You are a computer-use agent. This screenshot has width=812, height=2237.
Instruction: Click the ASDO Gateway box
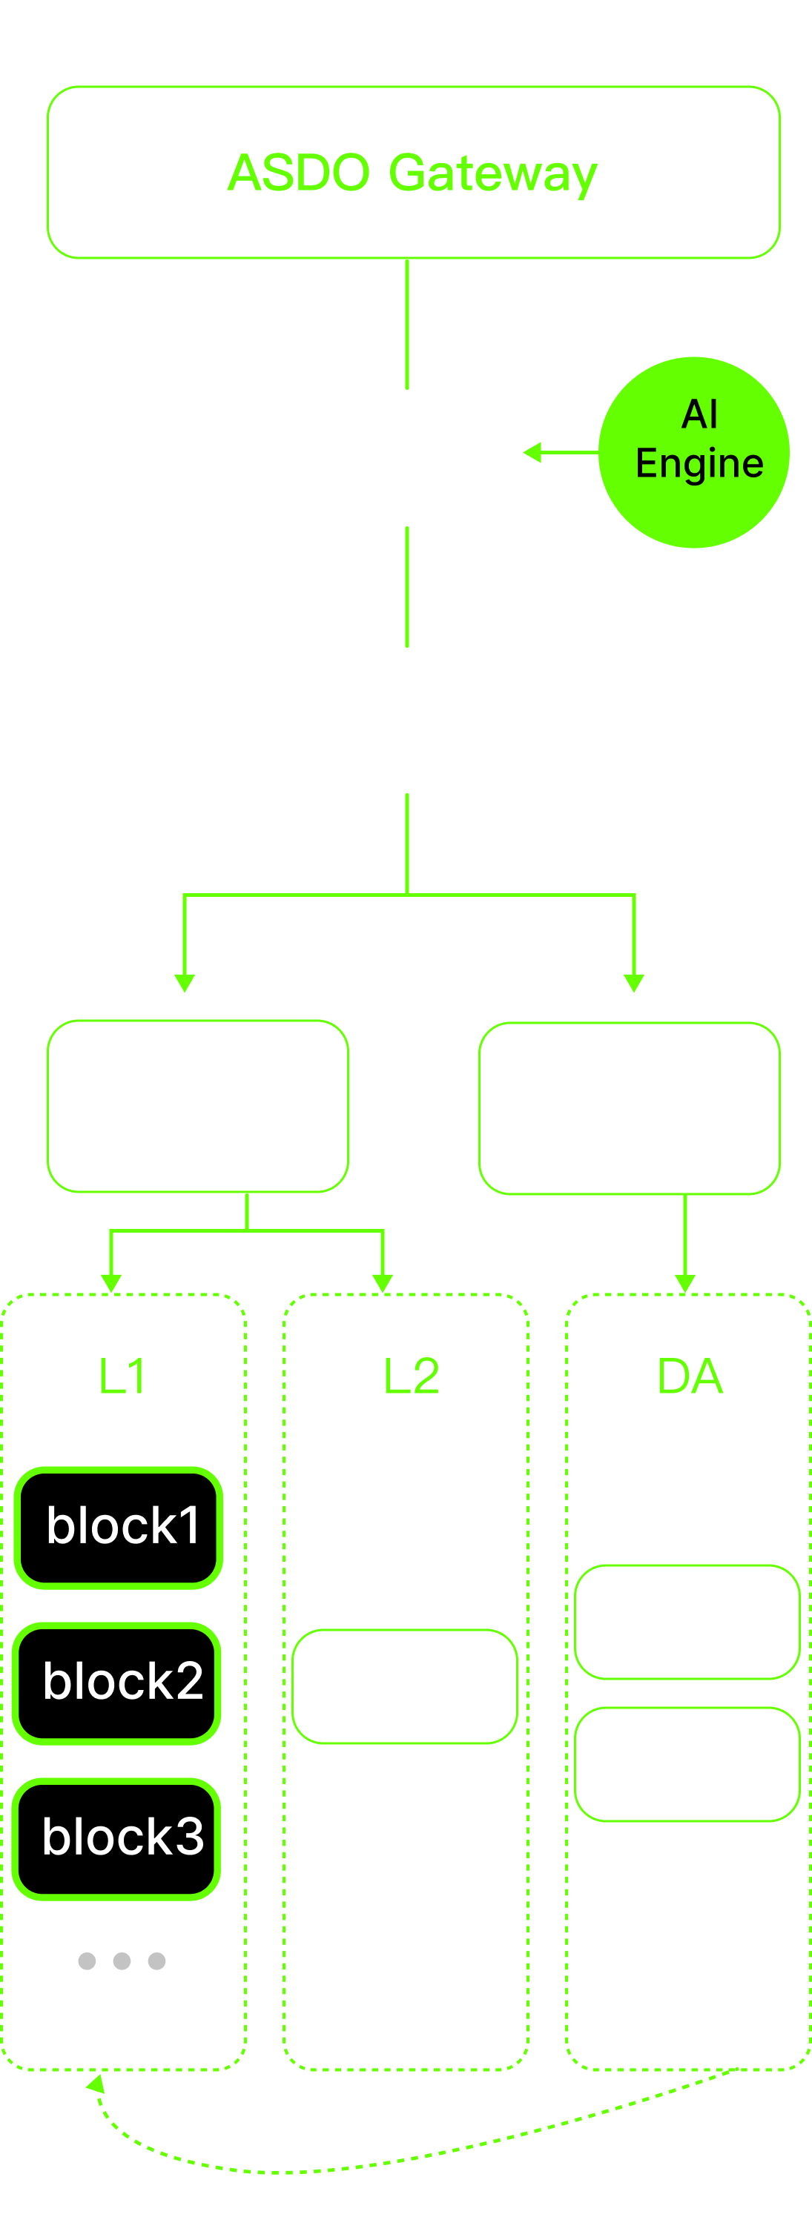[413, 172]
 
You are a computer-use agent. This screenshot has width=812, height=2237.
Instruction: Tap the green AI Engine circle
[693, 451]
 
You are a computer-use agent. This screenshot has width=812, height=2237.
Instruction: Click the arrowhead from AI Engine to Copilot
[532, 452]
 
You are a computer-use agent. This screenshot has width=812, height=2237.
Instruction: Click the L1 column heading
[122, 1376]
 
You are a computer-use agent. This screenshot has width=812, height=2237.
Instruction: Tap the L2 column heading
[411, 1376]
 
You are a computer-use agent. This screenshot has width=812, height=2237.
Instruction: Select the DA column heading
[690, 1376]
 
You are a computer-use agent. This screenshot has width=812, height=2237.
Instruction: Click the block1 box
[119, 1528]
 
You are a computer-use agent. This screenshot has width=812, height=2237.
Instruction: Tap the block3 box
[117, 1838]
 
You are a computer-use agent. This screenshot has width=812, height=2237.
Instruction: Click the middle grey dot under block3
[122, 1961]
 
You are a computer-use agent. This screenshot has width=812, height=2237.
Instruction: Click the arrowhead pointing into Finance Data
[634, 983]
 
